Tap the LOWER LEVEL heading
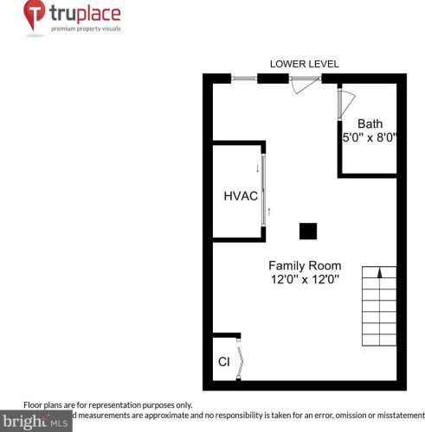(x=304, y=64)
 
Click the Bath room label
(x=370, y=124)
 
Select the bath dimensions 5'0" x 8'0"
(x=370, y=137)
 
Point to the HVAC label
(x=241, y=196)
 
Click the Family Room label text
(x=304, y=265)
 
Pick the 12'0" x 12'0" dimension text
(x=304, y=279)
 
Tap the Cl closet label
(x=223, y=361)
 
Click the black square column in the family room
(x=307, y=231)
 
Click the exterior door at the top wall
(x=305, y=80)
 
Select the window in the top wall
(x=245, y=79)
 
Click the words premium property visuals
(x=86, y=29)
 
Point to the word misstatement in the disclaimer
(x=397, y=415)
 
